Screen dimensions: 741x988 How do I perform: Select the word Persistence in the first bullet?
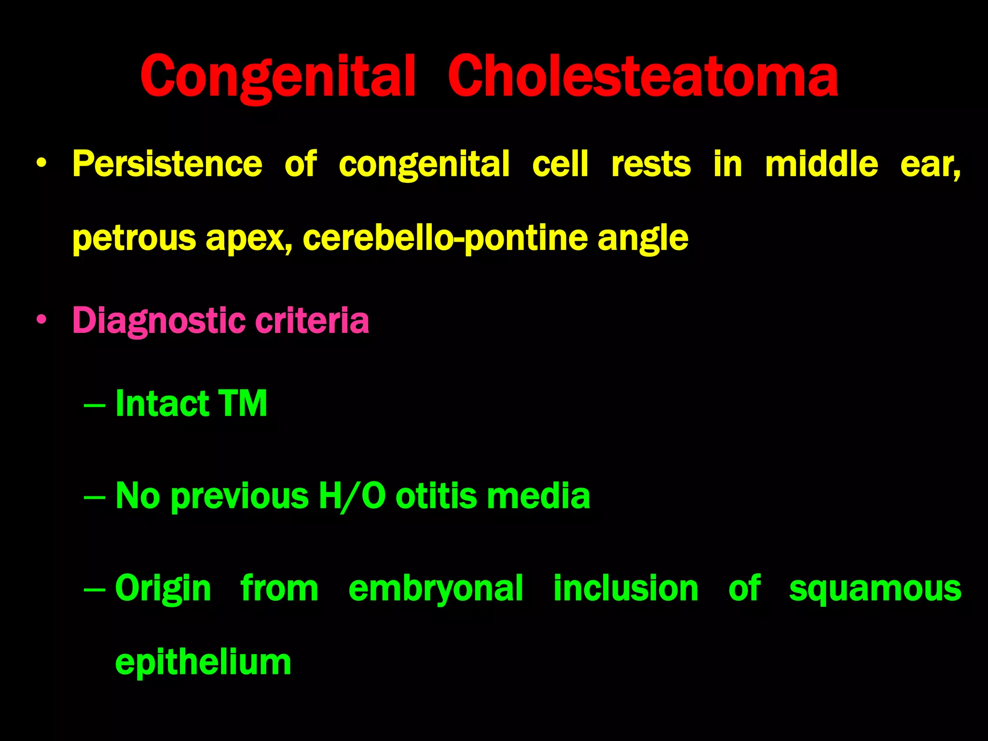coord(167,164)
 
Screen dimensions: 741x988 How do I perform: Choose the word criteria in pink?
coord(312,320)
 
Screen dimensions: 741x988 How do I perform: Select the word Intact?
coord(162,403)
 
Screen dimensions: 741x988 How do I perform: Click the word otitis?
coord(436,496)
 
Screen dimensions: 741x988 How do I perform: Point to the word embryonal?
coord(436,589)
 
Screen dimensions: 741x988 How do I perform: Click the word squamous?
coord(875,589)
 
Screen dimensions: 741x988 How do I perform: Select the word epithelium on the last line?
coord(203,662)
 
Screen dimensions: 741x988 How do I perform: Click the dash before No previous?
coord(94,497)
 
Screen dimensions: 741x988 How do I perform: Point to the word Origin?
coord(163,589)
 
